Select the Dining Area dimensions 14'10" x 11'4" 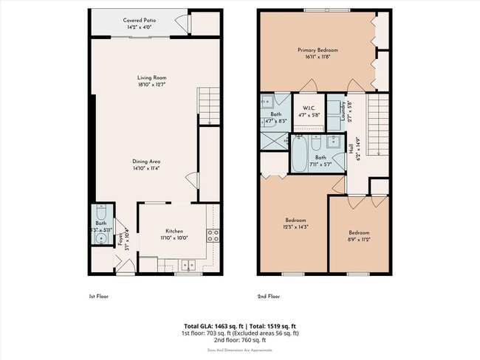[x=146, y=167]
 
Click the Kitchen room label [x=174, y=230]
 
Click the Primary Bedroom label [x=317, y=51]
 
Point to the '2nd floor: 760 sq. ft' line [x=239, y=339]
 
